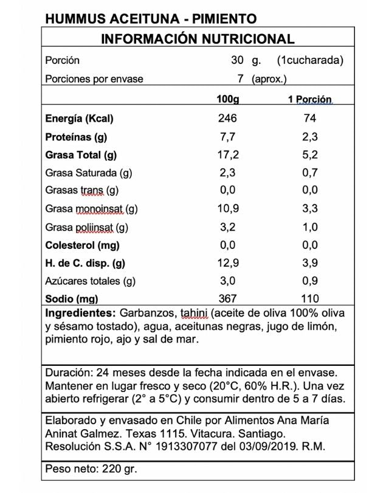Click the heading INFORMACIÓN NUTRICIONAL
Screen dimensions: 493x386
198,39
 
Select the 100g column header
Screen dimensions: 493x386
228,99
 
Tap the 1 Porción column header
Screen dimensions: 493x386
309,99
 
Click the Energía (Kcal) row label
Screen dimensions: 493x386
79,118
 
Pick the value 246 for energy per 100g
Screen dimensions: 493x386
227,118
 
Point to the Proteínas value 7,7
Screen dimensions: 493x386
227,136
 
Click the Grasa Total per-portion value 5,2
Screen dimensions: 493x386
309,155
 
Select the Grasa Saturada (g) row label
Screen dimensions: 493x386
89,173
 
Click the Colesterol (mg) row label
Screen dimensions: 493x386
82,245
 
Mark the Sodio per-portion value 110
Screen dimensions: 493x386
309,299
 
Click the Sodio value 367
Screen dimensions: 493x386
227,299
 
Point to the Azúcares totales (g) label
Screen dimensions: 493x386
90,281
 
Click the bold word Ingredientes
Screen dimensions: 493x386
80,313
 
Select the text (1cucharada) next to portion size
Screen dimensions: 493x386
310,60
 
